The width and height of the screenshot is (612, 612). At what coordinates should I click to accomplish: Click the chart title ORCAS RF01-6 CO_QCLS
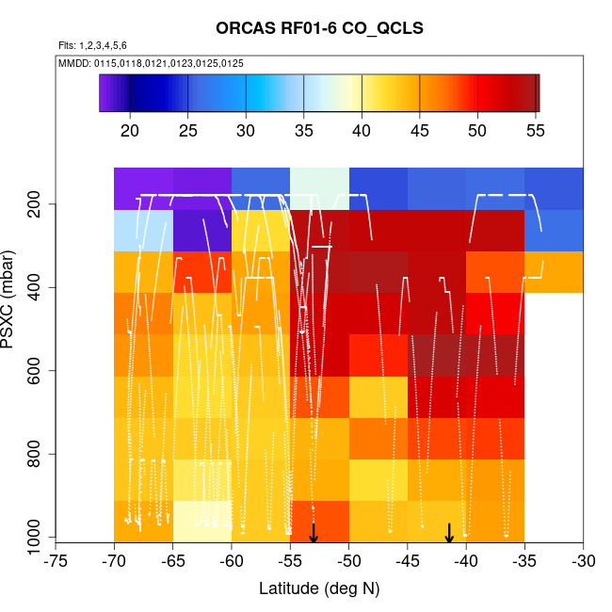(319, 28)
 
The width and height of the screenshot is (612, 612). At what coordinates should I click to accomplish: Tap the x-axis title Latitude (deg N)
(319, 588)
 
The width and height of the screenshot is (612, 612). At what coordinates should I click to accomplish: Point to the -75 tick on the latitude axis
(56, 563)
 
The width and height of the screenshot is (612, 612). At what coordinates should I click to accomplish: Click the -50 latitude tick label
(348, 563)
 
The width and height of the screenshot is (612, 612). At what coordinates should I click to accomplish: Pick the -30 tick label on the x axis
(583, 563)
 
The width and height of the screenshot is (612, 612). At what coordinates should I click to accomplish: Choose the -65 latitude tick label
(172, 563)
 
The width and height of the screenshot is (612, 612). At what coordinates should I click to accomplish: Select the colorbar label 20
(131, 129)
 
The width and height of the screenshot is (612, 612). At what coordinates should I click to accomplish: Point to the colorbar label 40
(362, 129)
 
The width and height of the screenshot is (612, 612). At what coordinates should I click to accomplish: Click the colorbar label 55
(536, 129)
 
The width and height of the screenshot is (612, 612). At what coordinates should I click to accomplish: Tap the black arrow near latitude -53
(314, 533)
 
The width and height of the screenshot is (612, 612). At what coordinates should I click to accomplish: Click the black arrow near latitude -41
(449, 533)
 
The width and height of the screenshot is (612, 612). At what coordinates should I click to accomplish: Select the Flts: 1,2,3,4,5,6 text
(92, 45)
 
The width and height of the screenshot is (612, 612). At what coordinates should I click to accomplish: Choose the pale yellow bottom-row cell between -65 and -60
(201, 520)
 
